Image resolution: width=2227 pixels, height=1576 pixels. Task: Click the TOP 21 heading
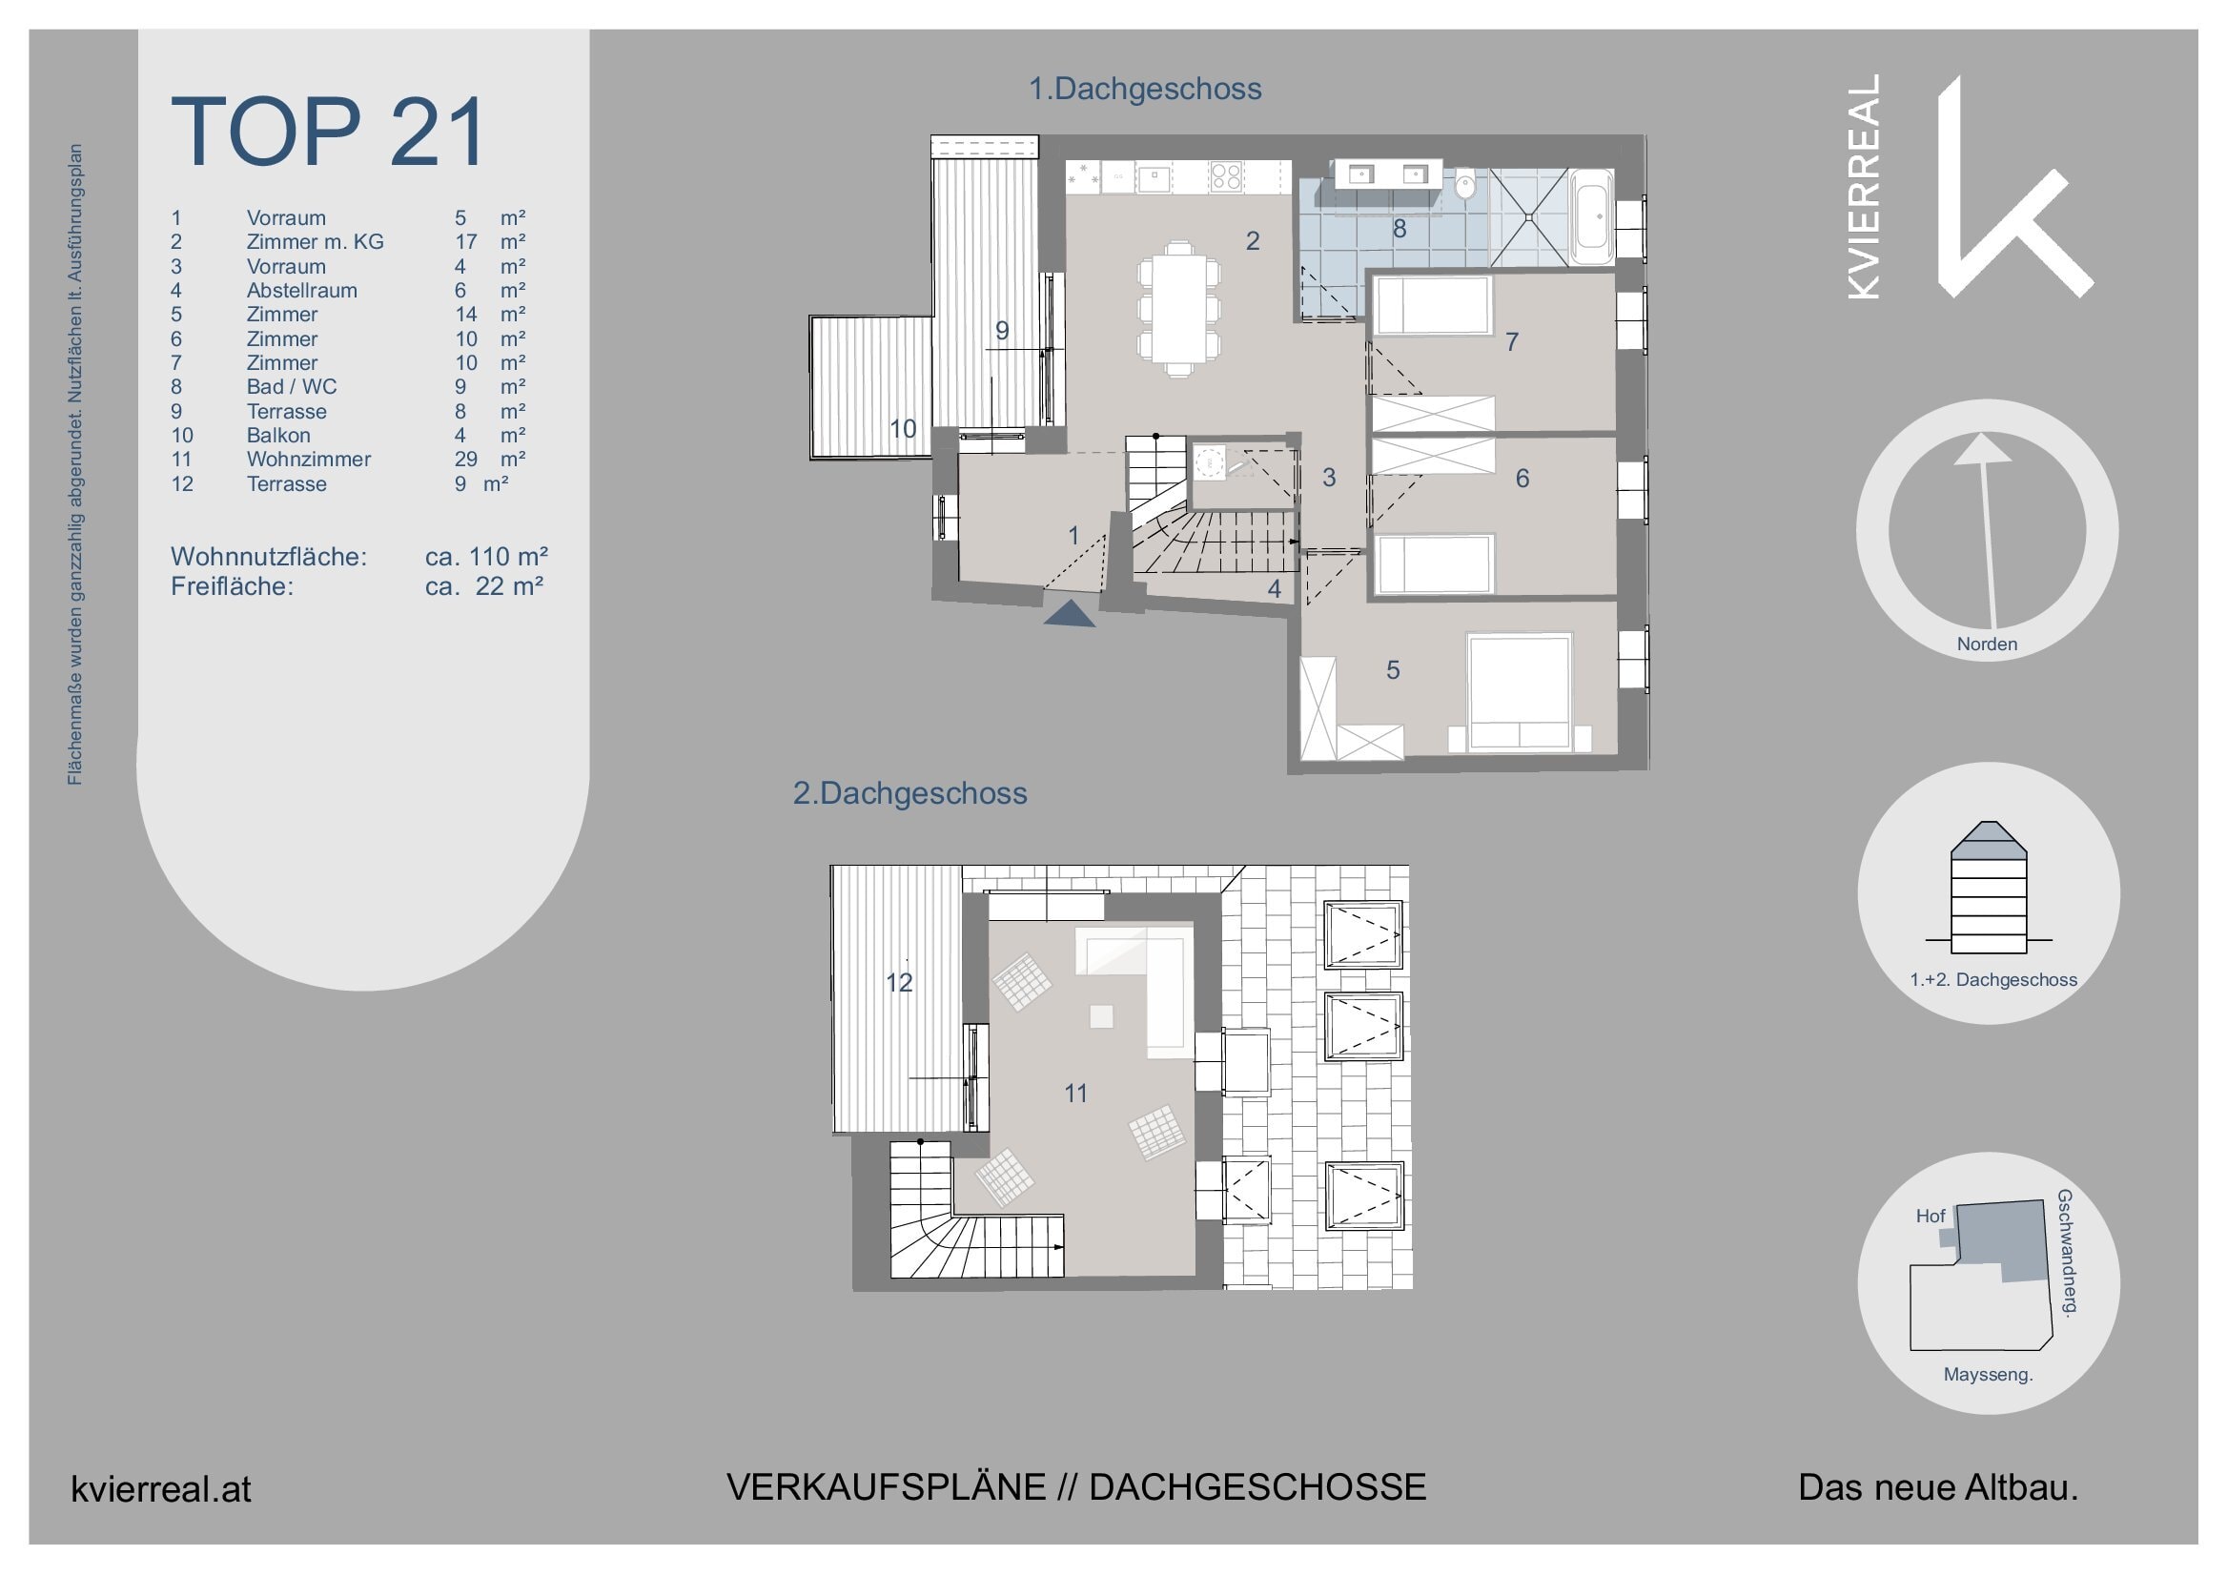[x=328, y=133]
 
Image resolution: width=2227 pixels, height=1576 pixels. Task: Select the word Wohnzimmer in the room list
[x=308, y=459]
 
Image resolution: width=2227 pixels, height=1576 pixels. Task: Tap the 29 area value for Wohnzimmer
[x=466, y=459]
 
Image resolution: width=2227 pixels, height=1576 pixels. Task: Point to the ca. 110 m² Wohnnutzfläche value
[x=486, y=557]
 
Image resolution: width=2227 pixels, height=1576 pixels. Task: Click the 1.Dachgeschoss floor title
[x=1144, y=90]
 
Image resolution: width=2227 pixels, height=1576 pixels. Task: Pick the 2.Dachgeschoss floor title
[x=909, y=794]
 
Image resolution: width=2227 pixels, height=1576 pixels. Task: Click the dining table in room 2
[x=1178, y=309]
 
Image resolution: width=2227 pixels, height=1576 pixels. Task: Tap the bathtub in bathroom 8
[x=1591, y=216]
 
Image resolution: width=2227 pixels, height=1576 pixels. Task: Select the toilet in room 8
[x=1465, y=184]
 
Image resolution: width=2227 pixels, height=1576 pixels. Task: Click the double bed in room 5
[x=1520, y=691]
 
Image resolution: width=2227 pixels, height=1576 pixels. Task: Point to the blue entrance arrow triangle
[x=1070, y=614]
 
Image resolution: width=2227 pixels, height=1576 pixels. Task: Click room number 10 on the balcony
[x=903, y=428]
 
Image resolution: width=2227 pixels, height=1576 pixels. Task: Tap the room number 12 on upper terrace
[x=899, y=983]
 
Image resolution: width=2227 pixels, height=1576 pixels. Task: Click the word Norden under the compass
[x=1987, y=645]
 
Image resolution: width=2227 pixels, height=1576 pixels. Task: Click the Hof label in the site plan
[x=1931, y=1216]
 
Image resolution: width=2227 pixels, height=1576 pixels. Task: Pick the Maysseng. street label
[x=1988, y=1375]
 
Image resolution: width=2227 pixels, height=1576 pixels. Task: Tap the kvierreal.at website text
[x=161, y=1489]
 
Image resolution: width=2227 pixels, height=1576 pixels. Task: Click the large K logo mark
[x=2009, y=194]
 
